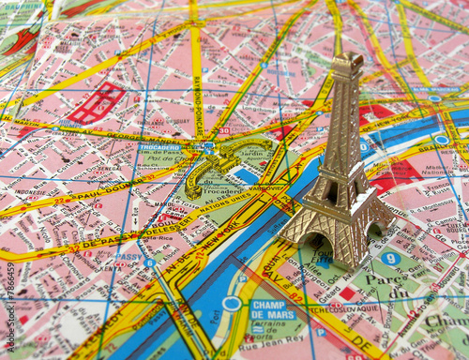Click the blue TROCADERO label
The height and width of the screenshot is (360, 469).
click(160, 148)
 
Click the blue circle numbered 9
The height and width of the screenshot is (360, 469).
click(390, 259)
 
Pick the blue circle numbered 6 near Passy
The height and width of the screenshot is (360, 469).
click(149, 263)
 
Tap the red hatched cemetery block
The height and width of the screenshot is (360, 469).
click(96, 103)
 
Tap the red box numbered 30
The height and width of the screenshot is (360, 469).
click(224, 131)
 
